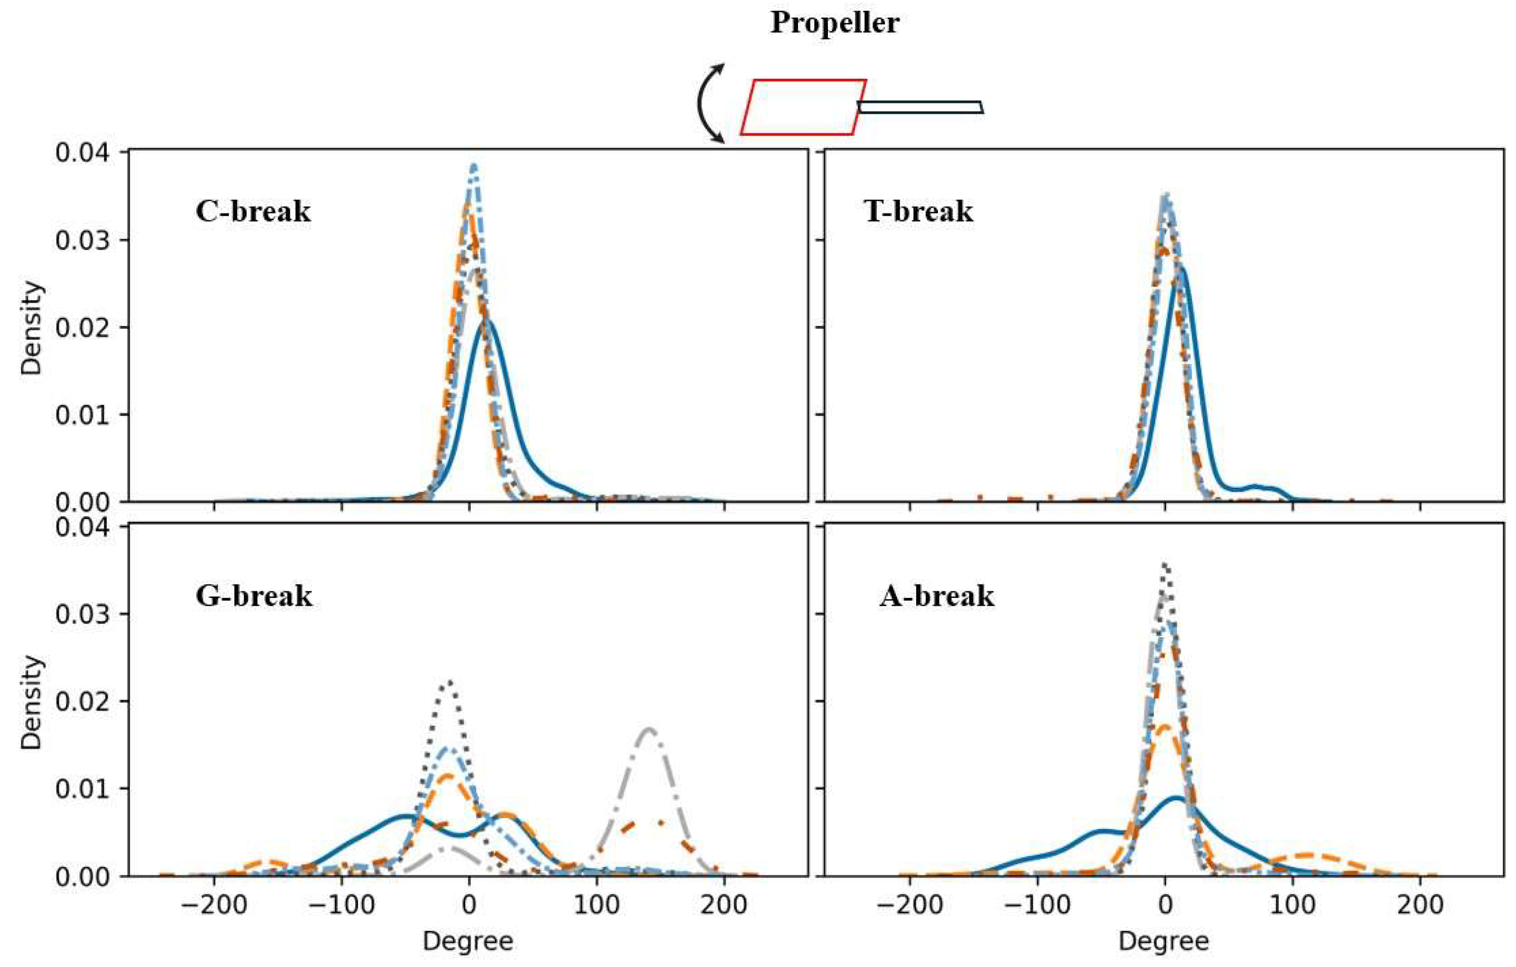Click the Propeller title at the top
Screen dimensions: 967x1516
(x=835, y=23)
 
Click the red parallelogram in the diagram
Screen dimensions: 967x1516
(x=803, y=107)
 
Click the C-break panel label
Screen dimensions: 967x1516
(x=253, y=211)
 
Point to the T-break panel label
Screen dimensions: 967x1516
(x=919, y=211)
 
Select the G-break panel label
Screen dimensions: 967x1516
(x=254, y=595)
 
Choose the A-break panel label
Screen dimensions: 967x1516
(x=937, y=595)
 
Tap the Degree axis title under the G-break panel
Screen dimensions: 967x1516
(x=468, y=941)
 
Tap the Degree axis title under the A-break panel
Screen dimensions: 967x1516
(x=1164, y=941)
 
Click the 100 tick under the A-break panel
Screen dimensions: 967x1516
(x=1293, y=905)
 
